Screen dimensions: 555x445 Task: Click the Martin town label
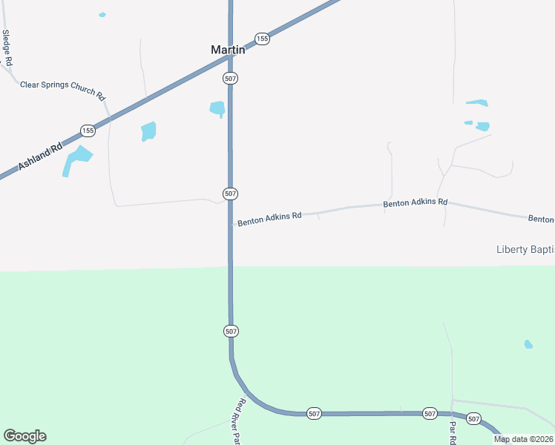click(228, 50)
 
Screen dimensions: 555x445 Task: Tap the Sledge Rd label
click(7, 48)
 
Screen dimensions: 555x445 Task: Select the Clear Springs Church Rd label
click(63, 88)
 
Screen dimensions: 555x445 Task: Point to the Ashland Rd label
click(41, 156)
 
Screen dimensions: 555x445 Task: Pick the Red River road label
click(238, 421)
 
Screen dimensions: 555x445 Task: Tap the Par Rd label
click(452, 432)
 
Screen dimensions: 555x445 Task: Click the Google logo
click(24, 436)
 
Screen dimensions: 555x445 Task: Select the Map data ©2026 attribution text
click(523, 439)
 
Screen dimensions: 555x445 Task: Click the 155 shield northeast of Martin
click(262, 39)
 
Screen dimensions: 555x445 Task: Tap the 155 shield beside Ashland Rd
click(88, 131)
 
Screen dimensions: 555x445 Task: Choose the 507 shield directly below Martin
click(230, 78)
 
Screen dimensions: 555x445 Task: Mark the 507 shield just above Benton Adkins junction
click(230, 194)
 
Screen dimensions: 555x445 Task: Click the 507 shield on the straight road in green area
click(230, 331)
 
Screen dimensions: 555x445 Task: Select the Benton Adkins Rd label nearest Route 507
click(269, 217)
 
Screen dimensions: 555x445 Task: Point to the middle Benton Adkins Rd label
click(416, 202)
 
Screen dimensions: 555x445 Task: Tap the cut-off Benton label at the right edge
click(541, 219)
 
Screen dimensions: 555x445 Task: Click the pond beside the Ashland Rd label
click(76, 159)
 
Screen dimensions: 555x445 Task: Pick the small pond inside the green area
click(528, 344)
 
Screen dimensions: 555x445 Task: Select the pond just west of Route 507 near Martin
click(217, 108)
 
